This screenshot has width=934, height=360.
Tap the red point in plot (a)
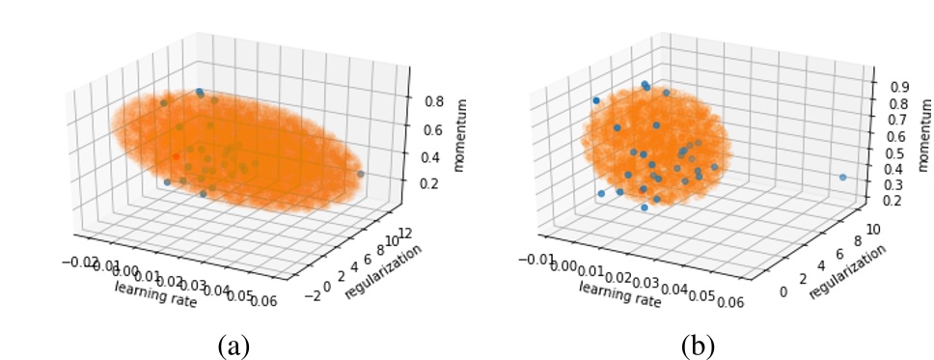coord(176,155)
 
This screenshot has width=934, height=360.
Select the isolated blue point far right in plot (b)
coord(842,178)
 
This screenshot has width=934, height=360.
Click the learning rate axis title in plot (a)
coord(155,294)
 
